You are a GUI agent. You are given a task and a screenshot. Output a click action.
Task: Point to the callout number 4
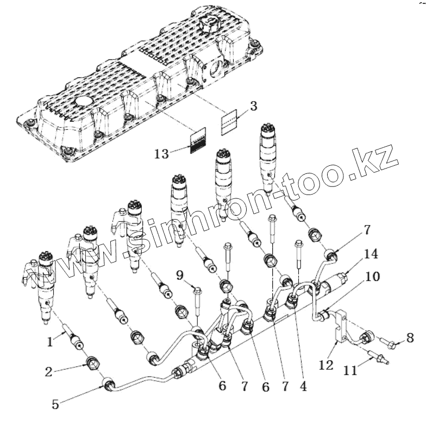(x=303, y=387)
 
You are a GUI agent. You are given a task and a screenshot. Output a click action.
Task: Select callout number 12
(x=325, y=365)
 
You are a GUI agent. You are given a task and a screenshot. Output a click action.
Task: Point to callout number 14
(x=371, y=254)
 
